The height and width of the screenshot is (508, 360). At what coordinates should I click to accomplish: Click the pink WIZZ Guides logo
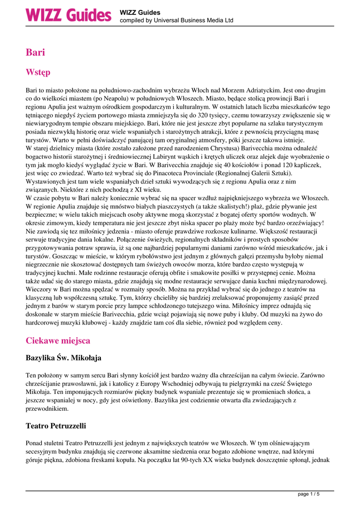tap(68, 15)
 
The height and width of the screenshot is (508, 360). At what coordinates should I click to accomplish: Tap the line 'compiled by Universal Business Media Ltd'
tap(176, 21)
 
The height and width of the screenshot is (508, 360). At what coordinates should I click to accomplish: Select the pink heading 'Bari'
tap(35, 52)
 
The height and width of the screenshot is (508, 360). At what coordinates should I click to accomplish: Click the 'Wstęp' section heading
tap(38, 72)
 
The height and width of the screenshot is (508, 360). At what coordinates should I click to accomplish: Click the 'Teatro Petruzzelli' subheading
tap(56, 426)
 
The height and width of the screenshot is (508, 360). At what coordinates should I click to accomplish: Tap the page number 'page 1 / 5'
tap(308, 494)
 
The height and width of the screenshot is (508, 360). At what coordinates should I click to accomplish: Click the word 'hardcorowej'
tap(45, 322)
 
